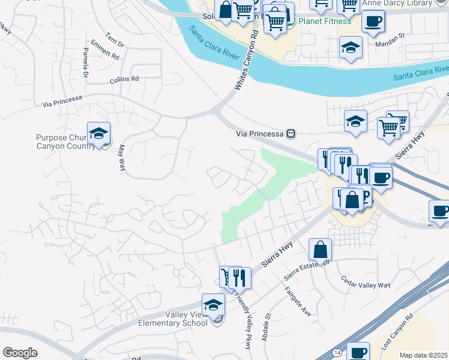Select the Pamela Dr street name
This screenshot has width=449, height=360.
click(85, 66)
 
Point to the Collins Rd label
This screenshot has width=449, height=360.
click(124, 79)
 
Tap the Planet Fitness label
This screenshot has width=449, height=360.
click(325, 22)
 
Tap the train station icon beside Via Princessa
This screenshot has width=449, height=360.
click(291, 134)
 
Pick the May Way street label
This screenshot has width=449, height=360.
click(121, 157)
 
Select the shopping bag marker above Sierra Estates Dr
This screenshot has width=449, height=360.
click(321, 250)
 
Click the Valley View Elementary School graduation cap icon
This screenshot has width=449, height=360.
click(213, 305)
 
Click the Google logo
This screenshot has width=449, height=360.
click(20, 353)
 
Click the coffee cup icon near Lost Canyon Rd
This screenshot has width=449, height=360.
click(359, 353)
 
